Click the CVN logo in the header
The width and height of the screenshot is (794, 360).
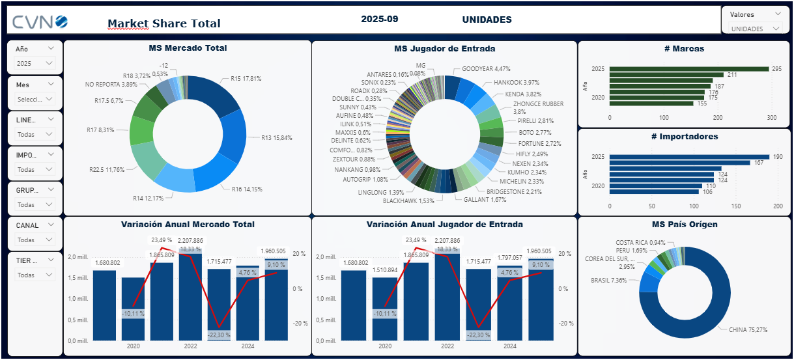click(40, 23)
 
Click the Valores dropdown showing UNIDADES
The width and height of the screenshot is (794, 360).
click(756, 29)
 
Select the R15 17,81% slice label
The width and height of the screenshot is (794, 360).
click(246, 79)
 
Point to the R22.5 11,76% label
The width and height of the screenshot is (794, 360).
click(107, 170)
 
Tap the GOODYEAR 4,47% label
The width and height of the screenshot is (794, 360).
click(486, 68)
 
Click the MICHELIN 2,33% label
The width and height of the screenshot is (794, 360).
click(522, 182)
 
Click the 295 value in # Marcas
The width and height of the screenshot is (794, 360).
click(776, 68)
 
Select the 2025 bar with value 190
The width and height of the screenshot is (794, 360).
click(689, 157)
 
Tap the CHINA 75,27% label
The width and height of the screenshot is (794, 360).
click(748, 329)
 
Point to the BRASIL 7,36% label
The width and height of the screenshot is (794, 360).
click(608, 281)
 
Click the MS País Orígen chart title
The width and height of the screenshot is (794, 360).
click(684, 225)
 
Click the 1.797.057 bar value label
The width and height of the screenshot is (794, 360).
click(510, 257)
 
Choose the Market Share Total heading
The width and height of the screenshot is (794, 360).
click(164, 23)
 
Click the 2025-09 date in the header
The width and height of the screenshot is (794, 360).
click(379, 20)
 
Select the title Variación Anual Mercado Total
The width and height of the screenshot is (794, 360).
click(188, 225)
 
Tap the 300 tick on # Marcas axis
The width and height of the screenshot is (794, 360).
click(772, 118)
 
